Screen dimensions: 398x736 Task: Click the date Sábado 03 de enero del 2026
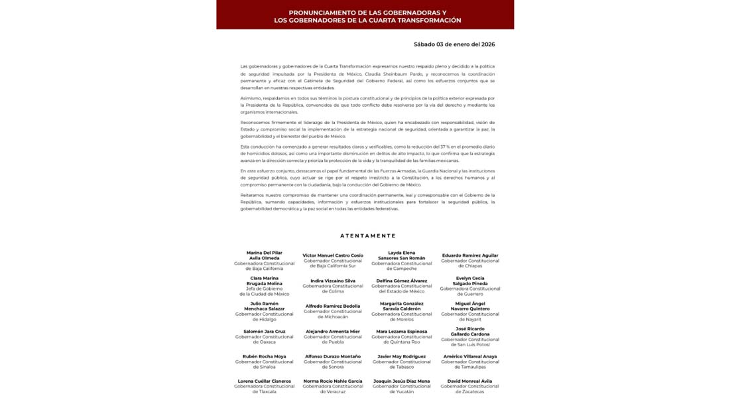(x=454, y=44)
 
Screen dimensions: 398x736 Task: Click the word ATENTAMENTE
(x=368, y=235)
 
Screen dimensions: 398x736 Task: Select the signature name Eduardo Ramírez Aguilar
(x=470, y=255)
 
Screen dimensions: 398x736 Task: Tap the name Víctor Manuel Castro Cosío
(x=333, y=255)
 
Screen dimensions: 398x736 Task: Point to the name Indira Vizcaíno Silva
(x=333, y=281)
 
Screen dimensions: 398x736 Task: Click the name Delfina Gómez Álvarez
(x=402, y=281)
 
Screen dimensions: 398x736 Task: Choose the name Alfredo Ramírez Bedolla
(x=333, y=306)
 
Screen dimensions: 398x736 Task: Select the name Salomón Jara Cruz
(x=264, y=331)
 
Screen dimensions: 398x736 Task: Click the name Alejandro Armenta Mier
(x=333, y=331)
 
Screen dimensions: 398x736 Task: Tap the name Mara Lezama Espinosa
(x=402, y=331)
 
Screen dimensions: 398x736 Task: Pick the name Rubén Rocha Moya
(x=264, y=356)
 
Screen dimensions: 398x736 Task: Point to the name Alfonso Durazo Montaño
(x=333, y=356)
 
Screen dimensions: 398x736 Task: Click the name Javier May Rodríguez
(x=402, y=356)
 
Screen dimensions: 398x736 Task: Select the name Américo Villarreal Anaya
(x=470, y=356)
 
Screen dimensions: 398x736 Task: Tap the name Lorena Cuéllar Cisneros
(x=264, y=381)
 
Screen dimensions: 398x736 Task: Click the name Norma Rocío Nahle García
(x=333, y=381)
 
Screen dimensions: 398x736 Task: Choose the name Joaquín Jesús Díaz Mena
(x=402, y=381)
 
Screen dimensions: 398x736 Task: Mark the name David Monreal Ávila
(x=470, y=381)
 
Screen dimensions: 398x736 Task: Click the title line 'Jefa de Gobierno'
(x=264, y=289)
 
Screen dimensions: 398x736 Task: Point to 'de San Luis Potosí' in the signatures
(x=470, y=344)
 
